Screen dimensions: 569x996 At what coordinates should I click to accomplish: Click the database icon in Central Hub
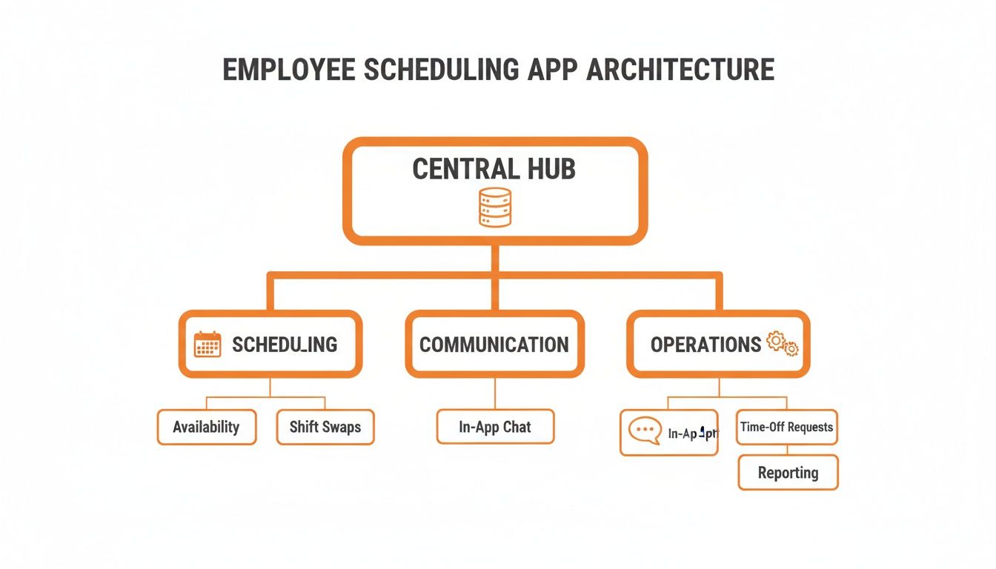[494, 207]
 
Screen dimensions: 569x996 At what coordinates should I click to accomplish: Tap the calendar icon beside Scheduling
[207, 345]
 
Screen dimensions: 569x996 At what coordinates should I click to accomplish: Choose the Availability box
[206, 427]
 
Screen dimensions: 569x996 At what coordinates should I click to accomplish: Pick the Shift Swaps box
[325, 427]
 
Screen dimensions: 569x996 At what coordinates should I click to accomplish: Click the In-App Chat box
[495, 427]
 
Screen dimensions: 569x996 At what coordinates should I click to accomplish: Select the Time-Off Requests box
[786, 427]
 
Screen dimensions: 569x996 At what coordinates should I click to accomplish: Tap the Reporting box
[788, 473]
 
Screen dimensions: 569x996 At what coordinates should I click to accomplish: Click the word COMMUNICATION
[494, 345]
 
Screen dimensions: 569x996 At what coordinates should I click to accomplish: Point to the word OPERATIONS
[705, 345]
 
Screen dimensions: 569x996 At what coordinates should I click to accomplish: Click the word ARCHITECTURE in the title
[680, 70]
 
